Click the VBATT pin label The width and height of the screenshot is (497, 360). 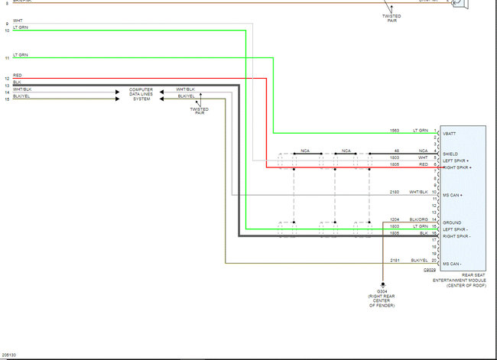tap(448, 134)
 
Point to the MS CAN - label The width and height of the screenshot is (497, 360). tap(451, 264)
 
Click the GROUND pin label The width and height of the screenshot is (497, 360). tap(450, 223)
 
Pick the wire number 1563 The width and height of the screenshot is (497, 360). tap(395, 131)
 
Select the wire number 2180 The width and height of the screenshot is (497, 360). tap(395, 192)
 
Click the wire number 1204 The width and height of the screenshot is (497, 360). tap(395, 220)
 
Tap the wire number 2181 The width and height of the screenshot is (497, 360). tap(395, 261)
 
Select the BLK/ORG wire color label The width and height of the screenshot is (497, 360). tap(419, 220)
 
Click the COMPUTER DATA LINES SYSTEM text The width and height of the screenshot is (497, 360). tap(141, 94)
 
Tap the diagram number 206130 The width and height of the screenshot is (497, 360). tap(10, 355)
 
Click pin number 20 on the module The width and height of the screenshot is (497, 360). tap(434, 261)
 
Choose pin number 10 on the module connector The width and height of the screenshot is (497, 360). tap(434, 192)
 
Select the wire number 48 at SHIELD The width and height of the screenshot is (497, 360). tap(397, 151)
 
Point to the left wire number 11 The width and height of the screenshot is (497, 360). tap(7, 58)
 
